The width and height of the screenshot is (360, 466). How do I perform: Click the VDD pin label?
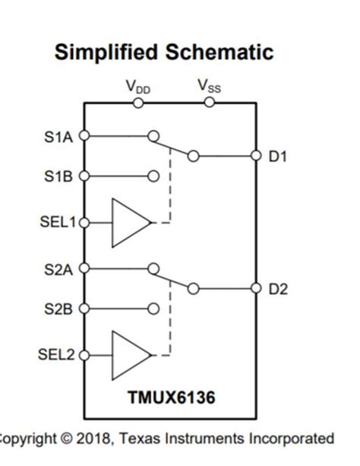pos(137,86)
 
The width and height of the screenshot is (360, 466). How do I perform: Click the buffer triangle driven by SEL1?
pos(129,223)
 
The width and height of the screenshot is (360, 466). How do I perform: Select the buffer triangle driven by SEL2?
pos(129,355)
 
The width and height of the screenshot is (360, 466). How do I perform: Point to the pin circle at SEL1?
pos(84,223)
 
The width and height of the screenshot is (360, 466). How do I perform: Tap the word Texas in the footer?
pos(143,439)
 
